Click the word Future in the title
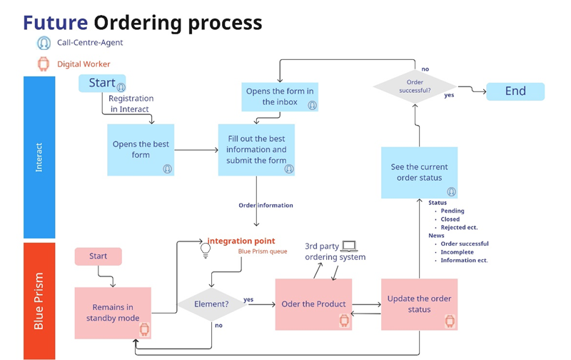point(56,22)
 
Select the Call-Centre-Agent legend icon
point(44,43)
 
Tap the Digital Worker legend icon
point(44,64)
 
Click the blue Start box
point(102,83)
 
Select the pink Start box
point(98,256)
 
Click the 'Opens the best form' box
point(141,149)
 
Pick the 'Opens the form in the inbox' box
point(279,96)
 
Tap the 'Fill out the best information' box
point(256,149)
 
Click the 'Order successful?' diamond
point(415,86)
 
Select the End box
point(515,91)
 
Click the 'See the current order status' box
point(418,172)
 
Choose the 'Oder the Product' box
point(313,304)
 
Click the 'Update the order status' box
point(419,304)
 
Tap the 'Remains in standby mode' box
point(113,313)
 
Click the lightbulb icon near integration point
point(206,250)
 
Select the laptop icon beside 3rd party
point(349,246)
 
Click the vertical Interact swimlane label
point(39,156)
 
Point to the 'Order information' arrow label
point(266,205)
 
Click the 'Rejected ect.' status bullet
point(459,227)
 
